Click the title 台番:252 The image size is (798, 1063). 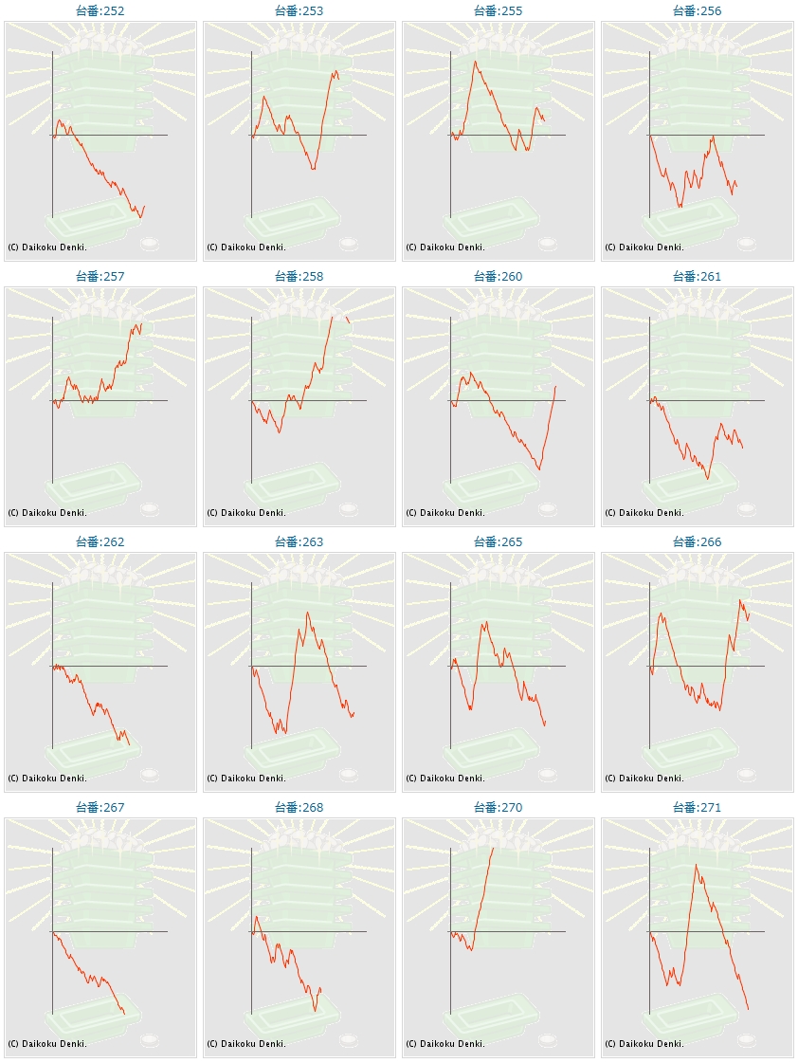coord(100,11)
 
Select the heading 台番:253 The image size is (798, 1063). coord(299,11)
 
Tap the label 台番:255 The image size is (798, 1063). coord(499,11)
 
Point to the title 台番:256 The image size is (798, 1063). coord(698,11)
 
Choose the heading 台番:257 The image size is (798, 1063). coord(100,277)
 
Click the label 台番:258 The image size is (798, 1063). coord(299,277)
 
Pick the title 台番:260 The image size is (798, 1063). coord(499,277)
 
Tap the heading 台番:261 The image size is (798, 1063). coord(698,277)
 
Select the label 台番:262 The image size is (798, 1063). coord(100,542)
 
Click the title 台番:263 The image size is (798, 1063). coord(299,542)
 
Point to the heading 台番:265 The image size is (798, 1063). coord(499,542)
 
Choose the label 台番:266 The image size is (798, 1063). coord(698,542)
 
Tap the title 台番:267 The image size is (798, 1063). coord(100,808)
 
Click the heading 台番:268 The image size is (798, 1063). coord(299,808)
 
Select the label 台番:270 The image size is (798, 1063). coord(499,808)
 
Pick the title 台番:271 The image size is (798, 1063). coord(698,808)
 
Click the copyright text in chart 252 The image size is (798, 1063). coord(47,247)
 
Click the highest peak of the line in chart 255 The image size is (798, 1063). coord(476,62)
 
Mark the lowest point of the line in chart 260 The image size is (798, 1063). coord(539,469)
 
